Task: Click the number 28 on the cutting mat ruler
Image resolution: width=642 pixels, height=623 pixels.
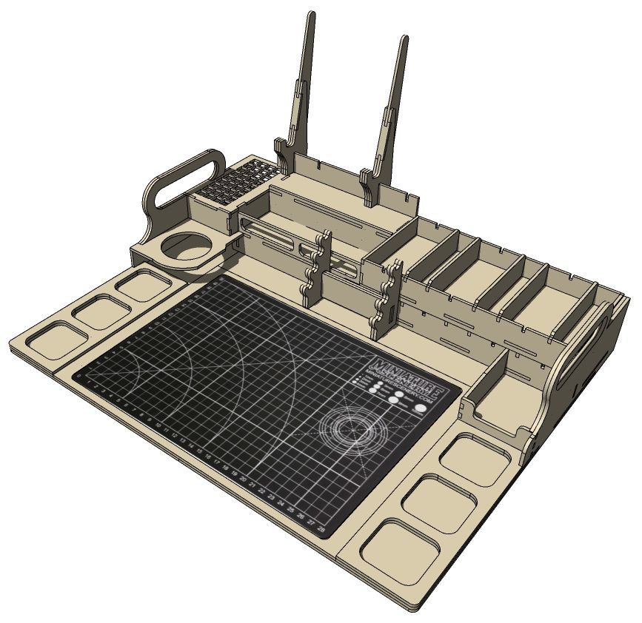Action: coord(320,530)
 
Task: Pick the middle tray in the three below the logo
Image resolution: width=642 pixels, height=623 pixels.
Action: coord(439,503)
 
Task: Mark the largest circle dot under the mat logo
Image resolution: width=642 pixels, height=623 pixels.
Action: coord(421,407)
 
